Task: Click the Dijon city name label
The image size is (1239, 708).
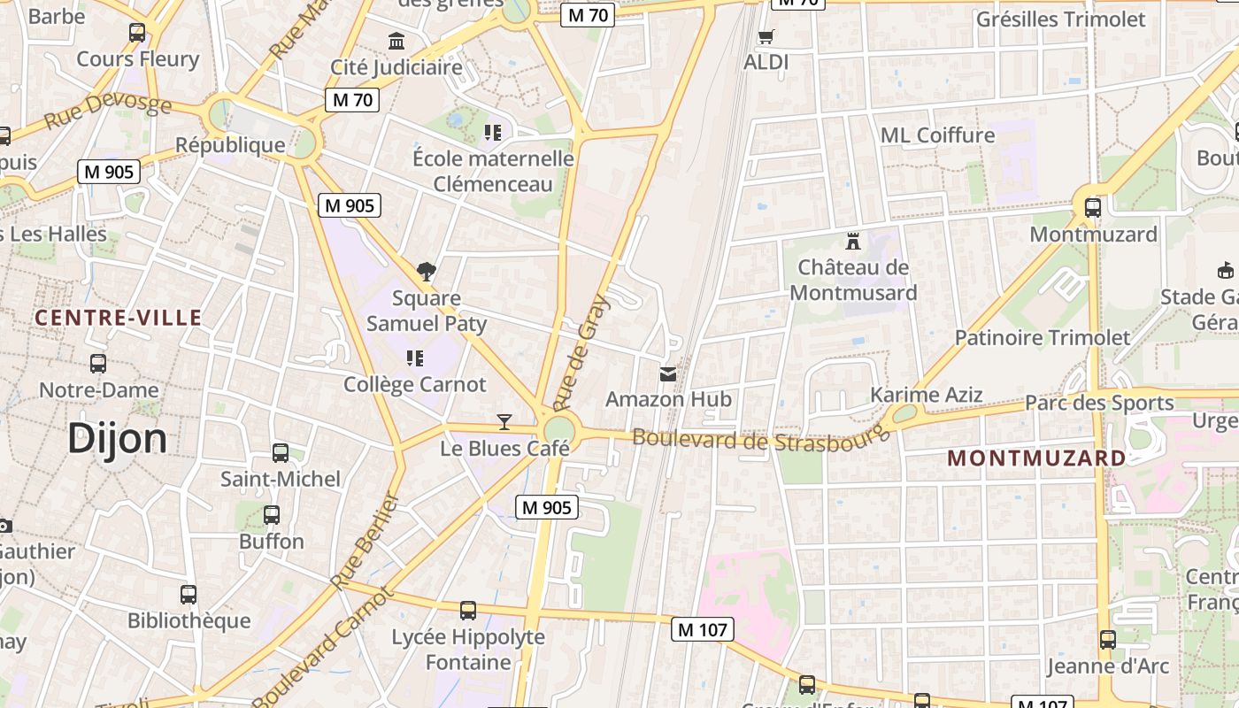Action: pyautogui.click(x=117, y=438)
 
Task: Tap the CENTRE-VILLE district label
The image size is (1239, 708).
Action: pyautogui.click(x=119, y=318)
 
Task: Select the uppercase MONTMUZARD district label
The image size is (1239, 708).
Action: pyautogui.click(x=1036, y=458)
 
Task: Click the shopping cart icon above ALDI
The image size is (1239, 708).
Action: pyautogui.click(x=766, y=37)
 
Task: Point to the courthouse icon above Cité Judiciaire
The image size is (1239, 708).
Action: pyautogui.click(x=396, y=41)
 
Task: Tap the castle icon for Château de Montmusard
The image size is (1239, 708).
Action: pyautogui.click(x=853, y=241)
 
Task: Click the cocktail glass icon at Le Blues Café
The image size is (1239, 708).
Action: pyautogui.click(x=504, y=422)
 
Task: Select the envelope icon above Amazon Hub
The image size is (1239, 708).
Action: pyautogui.click(x=668, y=374)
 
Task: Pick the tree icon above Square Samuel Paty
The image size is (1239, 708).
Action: pyautogui.click(x=427, y=271)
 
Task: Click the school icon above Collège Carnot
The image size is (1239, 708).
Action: pyautogui.click(x=414, y=358)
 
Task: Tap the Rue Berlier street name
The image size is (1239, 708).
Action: pyautogui.click(x=366, y=541)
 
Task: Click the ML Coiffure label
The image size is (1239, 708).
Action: pyautogui.click(x=937, y=135)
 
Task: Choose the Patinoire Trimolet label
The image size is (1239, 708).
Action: pyautogui.click(x=1043, y=337)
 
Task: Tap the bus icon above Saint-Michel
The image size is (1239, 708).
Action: pyautogui.click(x=281, y=453)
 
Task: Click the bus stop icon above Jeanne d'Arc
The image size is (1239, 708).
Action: pyautogui.click(x=1107, y=639)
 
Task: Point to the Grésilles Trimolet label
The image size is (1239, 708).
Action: pyautogui.click(x=1060, y=19)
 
